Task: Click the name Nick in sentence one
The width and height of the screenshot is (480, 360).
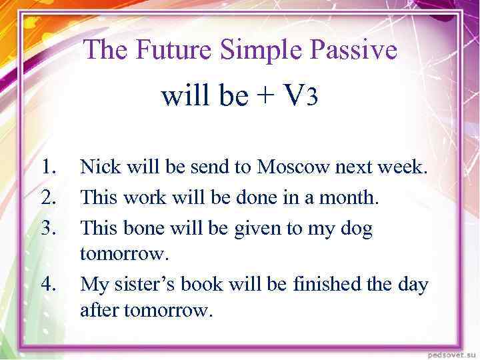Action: (98, 167)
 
